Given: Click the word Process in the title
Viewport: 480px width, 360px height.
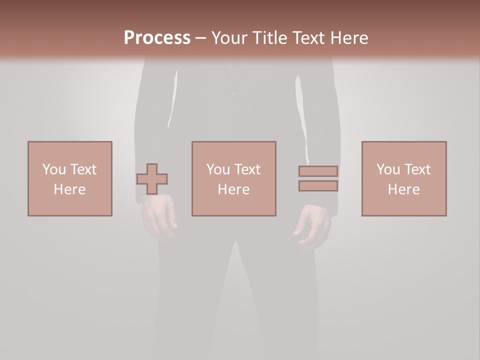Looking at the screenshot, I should [x=157, y=38].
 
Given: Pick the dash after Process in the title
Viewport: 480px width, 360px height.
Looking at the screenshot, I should [x=200, y=38].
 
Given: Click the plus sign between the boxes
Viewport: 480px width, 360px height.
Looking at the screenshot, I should [x=152, y=179].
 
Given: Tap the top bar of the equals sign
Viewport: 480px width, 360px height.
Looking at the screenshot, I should [x=318, y=171].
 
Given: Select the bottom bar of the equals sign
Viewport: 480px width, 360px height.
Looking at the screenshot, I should [x=318, y=186].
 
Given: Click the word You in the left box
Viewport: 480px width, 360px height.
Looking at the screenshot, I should [x=54, y=169].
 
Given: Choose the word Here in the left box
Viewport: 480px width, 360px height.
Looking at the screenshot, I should [x=69, y=189].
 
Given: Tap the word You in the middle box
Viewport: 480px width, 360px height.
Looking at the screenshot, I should [x=218, y=169].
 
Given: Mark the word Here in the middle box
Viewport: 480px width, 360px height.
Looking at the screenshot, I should [x=233, y=189].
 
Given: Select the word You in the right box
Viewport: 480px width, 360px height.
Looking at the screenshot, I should [x=388, y=169].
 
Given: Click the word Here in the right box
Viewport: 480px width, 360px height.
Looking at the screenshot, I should [x=403, y=189].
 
